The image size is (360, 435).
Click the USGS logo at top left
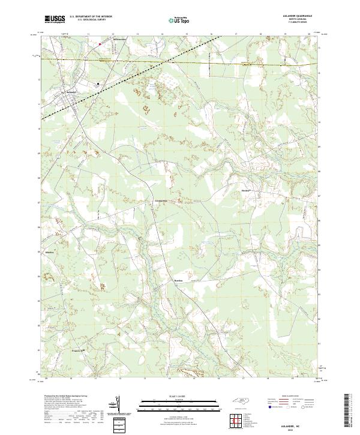pos(55,19)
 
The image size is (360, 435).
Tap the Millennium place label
pos(121,40)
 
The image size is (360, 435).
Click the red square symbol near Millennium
pos(100,43)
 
